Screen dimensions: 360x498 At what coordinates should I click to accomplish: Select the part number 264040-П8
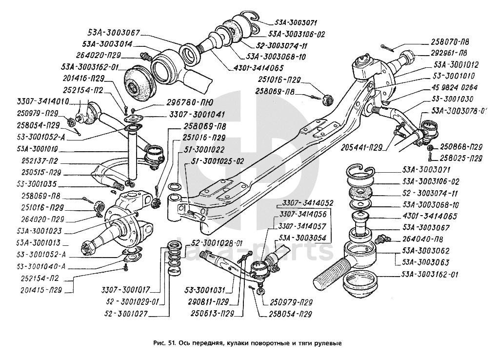[424, 240]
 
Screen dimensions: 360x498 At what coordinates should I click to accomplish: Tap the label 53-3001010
[454, 76]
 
